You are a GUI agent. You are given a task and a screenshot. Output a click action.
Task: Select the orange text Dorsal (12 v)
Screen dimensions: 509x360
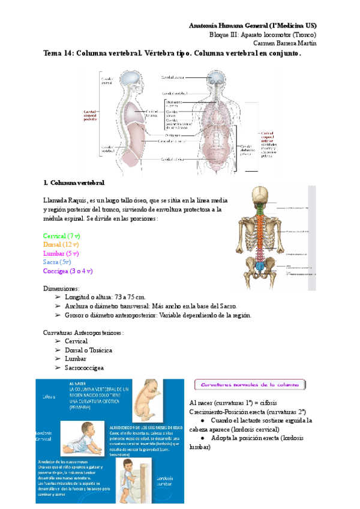point(61,245)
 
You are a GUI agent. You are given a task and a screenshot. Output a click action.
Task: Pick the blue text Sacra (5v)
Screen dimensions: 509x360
point(58,262)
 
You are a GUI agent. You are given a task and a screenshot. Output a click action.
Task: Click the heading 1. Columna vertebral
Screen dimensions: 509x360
point(74,182)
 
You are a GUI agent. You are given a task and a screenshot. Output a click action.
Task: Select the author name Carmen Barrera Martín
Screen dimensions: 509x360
point(284,43)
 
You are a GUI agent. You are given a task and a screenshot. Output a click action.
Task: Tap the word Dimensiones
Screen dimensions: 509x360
point(62,289)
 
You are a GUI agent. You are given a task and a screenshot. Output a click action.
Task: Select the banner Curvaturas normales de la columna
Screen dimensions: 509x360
point(243,385)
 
